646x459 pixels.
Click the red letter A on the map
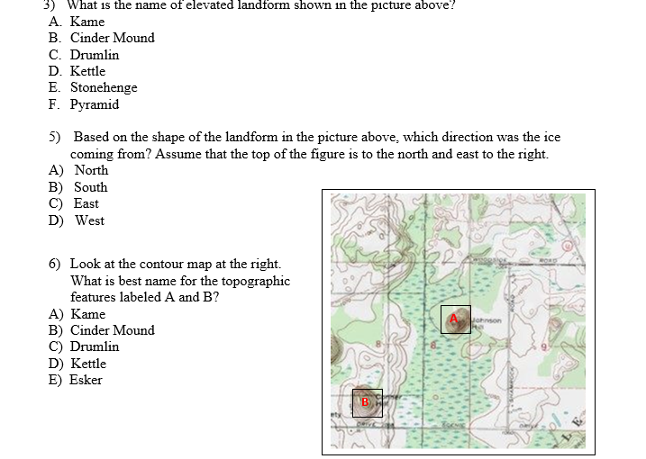click(455, 318)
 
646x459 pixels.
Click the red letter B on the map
click(366, 401)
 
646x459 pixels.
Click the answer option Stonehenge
click(104, 87)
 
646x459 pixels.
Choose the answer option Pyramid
click(95, 104)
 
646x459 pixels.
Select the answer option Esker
click(86, 380)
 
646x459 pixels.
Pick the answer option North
click(91, 170)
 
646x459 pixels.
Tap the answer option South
click(90, 187)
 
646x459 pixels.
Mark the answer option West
click(89, 220)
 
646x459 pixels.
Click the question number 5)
click(55, 137)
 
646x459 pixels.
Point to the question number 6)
click(55, 264)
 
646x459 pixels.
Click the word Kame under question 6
click(88, 314)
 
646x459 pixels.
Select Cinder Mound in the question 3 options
click(113, 38)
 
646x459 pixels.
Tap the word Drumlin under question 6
click(95, 346)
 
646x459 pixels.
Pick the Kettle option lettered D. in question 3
click(87, 71)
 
